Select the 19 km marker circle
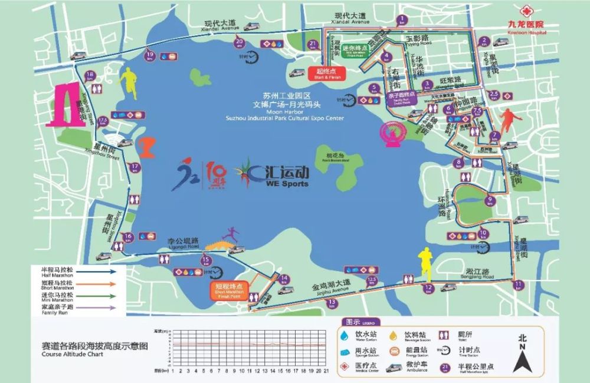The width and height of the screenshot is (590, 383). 149,55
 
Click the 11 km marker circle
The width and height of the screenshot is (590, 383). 518,285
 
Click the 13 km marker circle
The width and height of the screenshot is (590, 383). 332,302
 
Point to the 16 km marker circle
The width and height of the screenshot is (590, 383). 128,237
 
